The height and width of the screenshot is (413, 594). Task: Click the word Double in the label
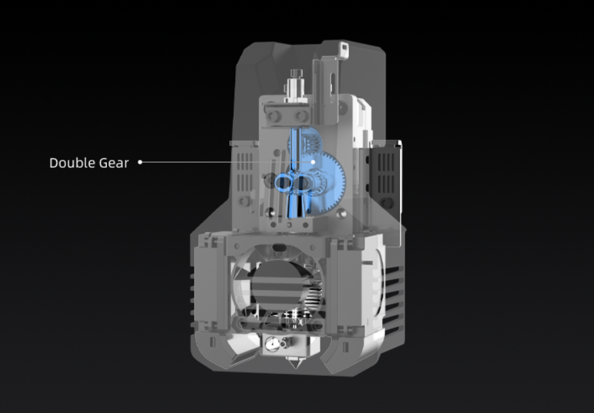pyautogui.click(x=73, y=163)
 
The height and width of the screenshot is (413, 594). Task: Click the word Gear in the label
pyautogui.click(x=114, y=163)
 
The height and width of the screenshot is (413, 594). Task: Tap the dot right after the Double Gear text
pyautogui.click(x=140, y=162)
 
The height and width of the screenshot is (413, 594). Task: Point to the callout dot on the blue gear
pyautogui.click(x=313, y=162)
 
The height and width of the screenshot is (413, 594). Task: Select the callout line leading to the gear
pyautogui.click(x=226, y=162)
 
